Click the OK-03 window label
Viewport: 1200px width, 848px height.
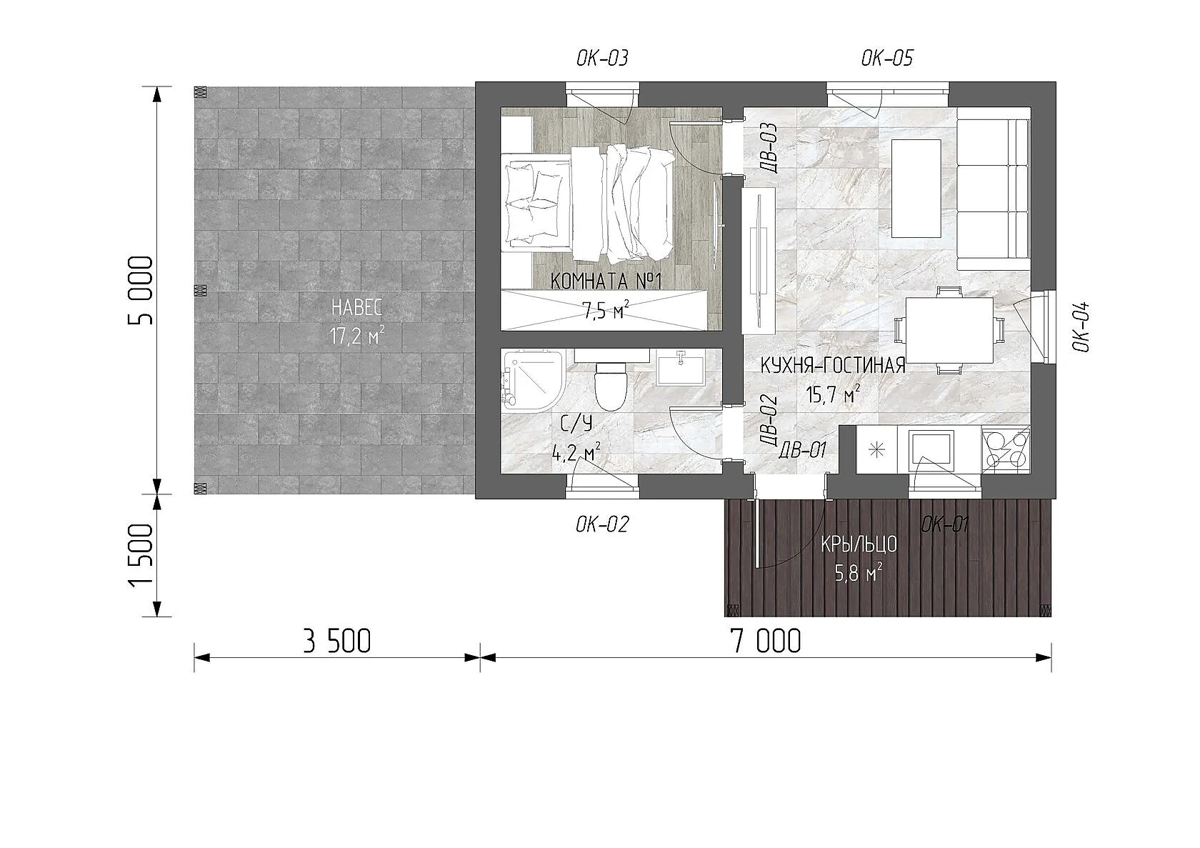point(602,59)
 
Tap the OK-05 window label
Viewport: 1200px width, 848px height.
point(886,59)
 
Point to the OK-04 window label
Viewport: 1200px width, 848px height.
point(1081,327)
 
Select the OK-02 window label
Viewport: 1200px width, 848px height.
point(602,524)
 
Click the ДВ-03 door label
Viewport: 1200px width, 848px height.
point(770,146)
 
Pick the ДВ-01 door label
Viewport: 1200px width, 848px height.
point(802,450)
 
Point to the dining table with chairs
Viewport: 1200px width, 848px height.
point(949,331)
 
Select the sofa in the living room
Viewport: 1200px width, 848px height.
point(994,189)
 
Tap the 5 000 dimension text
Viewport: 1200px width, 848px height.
point(140,291)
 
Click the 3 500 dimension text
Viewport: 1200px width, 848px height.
point(336,642)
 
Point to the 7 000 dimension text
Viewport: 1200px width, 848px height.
point(766,642)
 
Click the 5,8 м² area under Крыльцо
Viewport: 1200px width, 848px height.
point(859,574)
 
